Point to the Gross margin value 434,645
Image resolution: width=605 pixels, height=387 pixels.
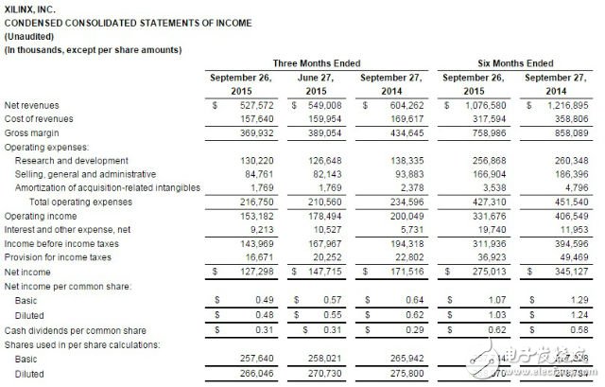(407, 134)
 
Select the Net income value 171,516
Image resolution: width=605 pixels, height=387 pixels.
(407, 272)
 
